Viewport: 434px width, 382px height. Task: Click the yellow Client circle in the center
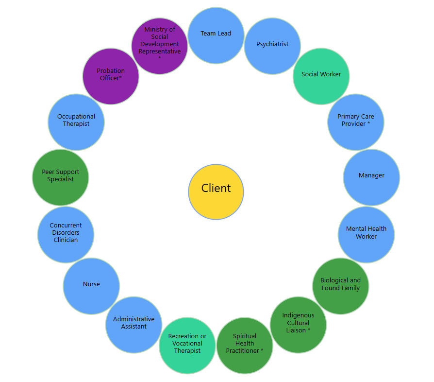tap(216, 191)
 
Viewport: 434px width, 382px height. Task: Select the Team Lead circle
tap(216, 35)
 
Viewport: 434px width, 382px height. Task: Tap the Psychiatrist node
tap(272, 46)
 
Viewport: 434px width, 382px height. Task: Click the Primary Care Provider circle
tap(356, 122)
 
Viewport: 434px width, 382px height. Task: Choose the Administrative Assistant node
tap(134, 325)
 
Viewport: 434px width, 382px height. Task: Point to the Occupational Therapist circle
tap(76, 122)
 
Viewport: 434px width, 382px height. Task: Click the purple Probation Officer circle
tap(111, 76)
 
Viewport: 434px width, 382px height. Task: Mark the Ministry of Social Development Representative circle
tap(160, 46)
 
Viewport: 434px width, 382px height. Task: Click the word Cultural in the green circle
tap(298, 323)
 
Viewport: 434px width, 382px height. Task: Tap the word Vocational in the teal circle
tap(187, 344)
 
